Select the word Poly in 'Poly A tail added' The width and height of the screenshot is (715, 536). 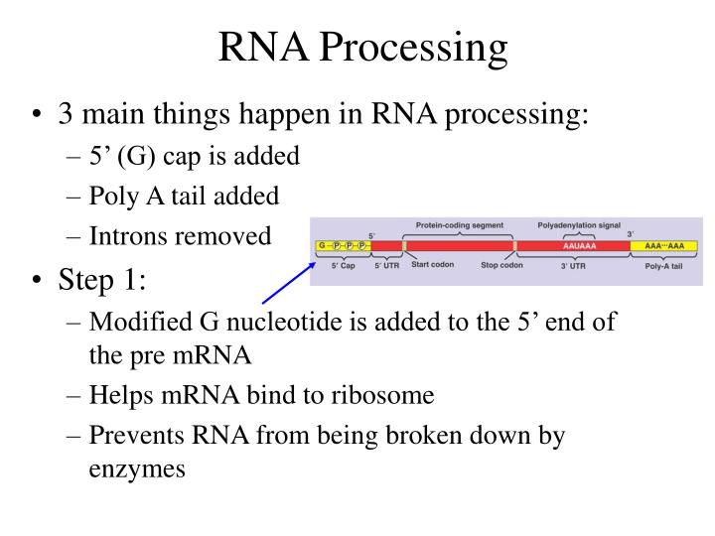coord(112,197)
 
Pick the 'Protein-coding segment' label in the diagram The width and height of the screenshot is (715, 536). coord(459,225)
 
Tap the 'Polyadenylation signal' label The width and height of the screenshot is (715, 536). coord(579,225)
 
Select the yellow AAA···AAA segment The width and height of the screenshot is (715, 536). coord(667,245)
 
